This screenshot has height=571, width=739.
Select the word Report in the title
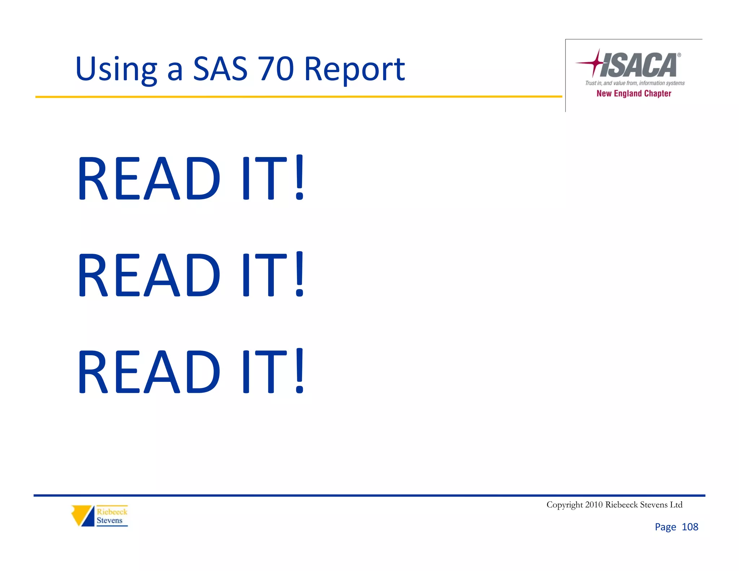(354, 69)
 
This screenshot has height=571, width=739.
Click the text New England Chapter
(634, 93)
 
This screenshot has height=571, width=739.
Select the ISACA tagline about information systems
(635, 83)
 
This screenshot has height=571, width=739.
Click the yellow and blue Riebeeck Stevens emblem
(83, 515)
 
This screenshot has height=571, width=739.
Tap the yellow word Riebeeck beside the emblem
(112, 512)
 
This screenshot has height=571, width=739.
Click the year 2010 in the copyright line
(594, 505)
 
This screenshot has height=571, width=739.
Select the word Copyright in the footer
(565, 505)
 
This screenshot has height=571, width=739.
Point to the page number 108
(690, 527)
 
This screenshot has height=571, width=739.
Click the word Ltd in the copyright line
(676, 505)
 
